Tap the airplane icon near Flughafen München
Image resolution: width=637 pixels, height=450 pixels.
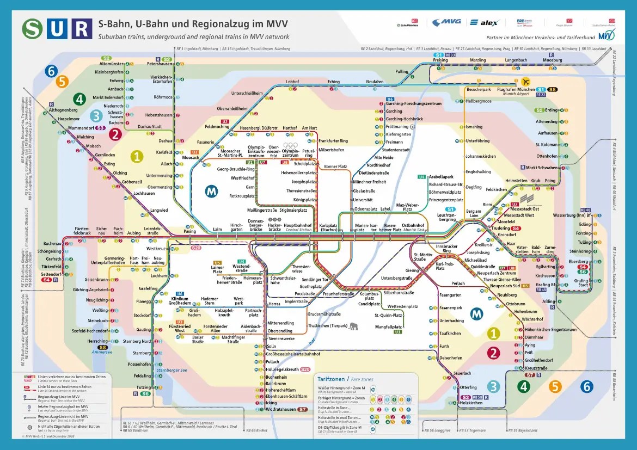click(525, 82)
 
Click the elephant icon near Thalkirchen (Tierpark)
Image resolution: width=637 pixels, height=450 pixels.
click(354, 326)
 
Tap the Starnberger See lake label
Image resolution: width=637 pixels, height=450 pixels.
click(171, 370)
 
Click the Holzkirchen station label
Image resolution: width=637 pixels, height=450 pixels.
click(471, 403)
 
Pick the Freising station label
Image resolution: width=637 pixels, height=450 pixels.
click(440, 60)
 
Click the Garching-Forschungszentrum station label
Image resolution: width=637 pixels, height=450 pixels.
click(414, 103)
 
